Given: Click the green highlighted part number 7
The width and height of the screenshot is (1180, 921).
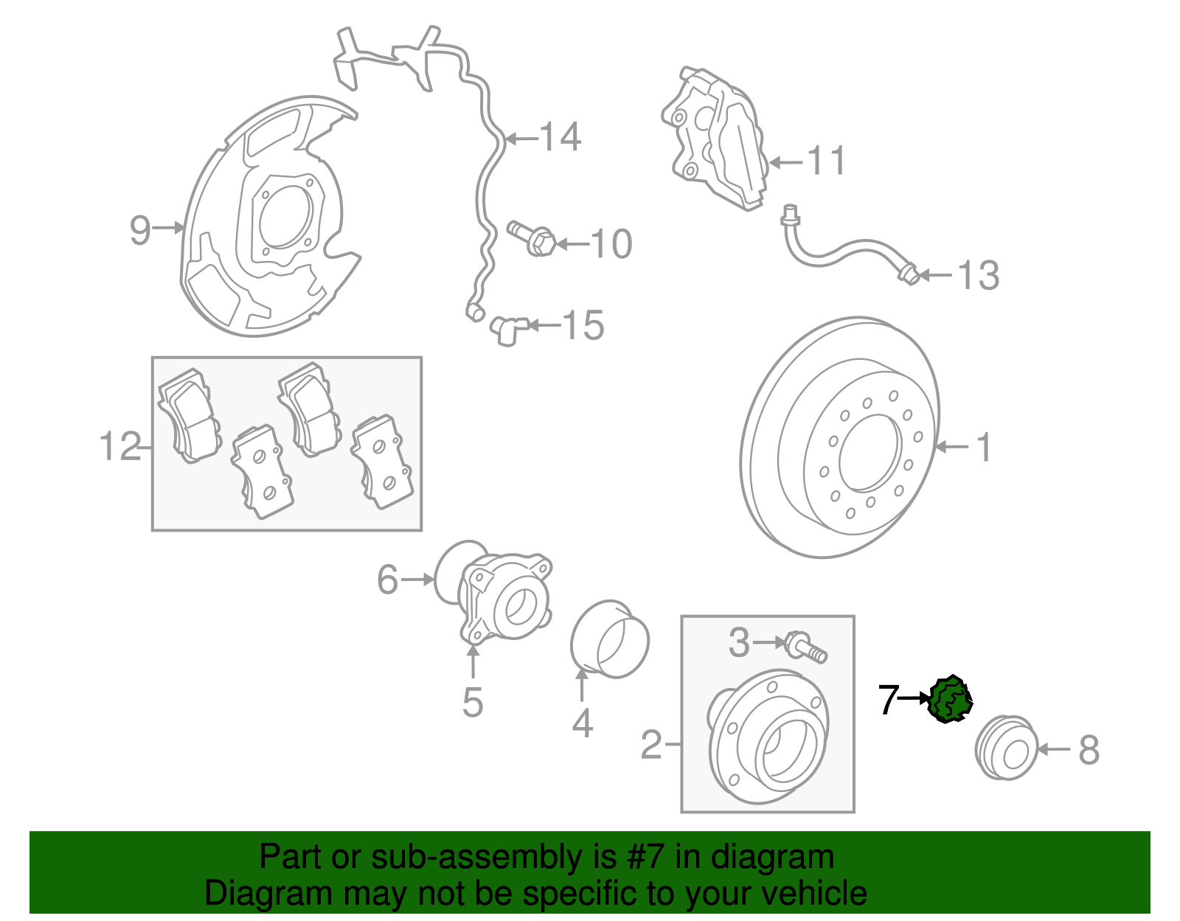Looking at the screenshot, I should point(951,699).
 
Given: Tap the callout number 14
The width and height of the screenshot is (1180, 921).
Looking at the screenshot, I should point(560,137).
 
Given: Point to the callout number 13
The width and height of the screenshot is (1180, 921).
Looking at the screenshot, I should point(978,276).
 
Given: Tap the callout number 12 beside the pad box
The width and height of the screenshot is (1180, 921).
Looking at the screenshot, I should point(120,447).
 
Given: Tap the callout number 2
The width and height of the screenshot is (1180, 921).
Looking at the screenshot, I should point(651,745).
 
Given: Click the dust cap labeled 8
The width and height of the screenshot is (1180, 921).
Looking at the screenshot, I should point(1007,748).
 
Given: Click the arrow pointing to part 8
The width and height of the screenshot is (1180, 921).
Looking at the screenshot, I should point(1055,749).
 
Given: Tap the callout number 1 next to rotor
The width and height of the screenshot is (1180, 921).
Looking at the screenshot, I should point(983,448).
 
